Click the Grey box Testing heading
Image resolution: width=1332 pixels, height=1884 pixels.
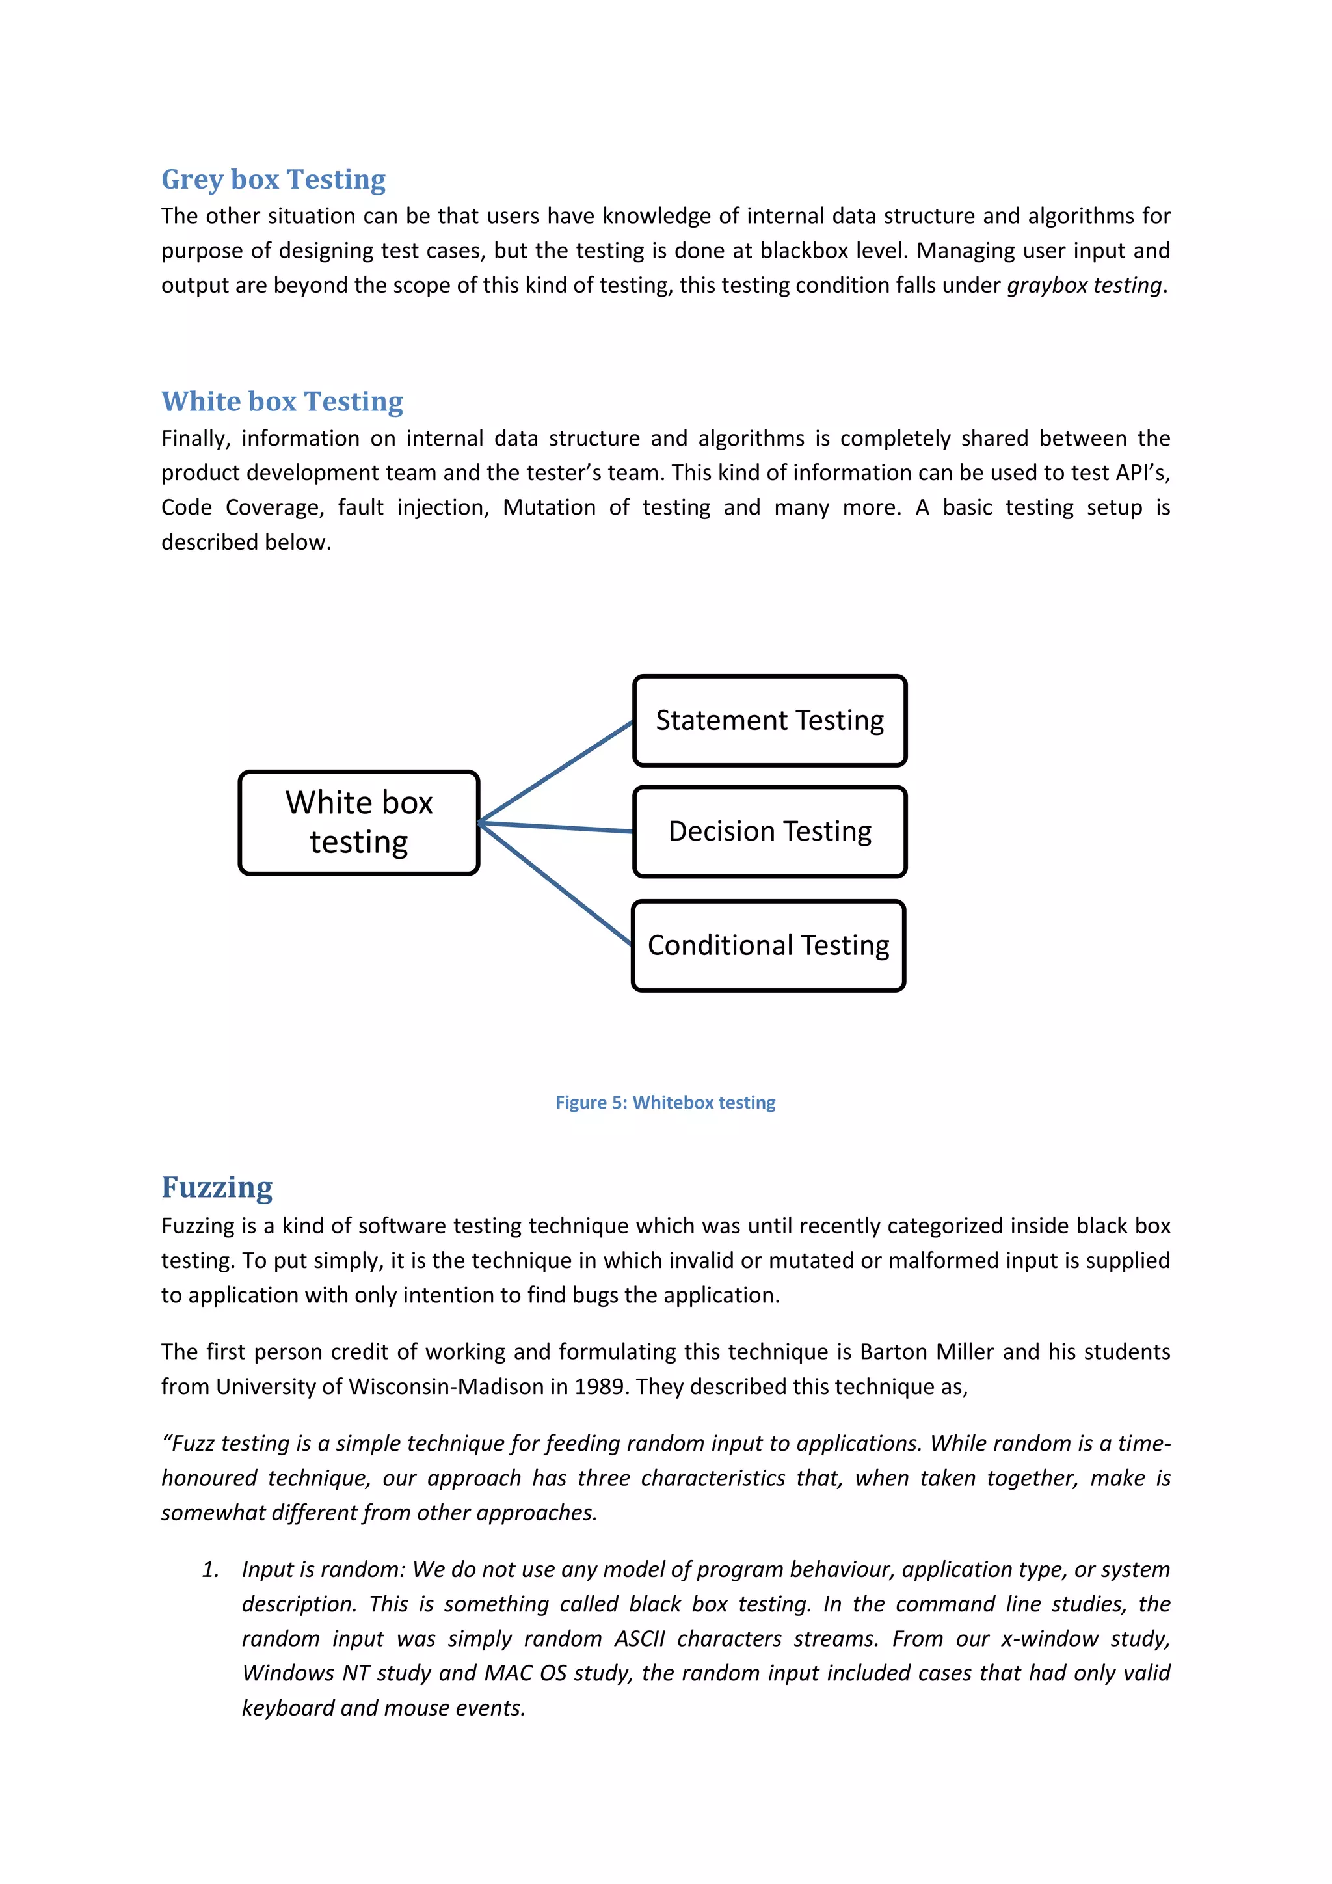273,179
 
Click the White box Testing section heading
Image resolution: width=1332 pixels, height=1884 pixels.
282,401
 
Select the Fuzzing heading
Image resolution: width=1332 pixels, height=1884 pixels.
217,1187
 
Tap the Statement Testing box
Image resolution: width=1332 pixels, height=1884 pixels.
769,720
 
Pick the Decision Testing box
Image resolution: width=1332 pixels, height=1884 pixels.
769,831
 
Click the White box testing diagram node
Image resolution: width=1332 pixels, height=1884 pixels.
358,822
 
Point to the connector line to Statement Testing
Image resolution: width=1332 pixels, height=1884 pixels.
556,772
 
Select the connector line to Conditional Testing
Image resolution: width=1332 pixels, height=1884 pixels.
554,883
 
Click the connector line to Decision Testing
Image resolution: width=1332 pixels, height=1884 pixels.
556,827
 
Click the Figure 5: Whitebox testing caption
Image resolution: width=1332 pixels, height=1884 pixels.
665,1102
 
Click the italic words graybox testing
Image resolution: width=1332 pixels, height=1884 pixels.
1084,286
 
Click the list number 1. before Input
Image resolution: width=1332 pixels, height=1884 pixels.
210,1570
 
